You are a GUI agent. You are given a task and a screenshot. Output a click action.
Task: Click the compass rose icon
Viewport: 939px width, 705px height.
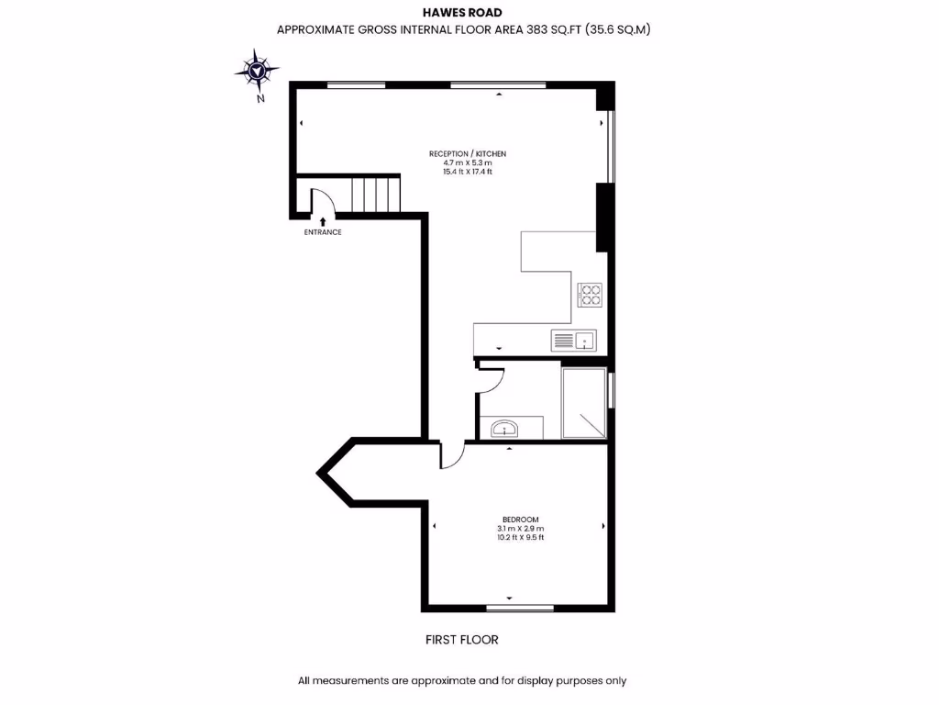(x=256, y=69)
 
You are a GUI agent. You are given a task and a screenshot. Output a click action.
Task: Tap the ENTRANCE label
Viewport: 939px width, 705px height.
(x=323, y=232)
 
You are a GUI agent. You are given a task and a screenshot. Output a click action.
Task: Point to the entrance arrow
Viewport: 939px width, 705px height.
(x=323, y=220)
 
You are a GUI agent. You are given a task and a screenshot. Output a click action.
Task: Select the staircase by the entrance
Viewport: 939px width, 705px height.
(x=376, y=195)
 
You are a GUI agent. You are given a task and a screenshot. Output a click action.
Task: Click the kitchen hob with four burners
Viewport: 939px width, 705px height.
(x=589, y=295)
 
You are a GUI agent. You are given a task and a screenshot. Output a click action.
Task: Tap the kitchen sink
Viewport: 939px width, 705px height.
(x=573, y=341)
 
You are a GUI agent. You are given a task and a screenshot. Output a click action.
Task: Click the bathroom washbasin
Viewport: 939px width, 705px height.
(x=504, y=428)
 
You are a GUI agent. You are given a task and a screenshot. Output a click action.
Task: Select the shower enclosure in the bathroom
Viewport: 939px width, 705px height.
(x=584, y=403)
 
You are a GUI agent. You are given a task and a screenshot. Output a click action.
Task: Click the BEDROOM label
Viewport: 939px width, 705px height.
(x=520, y=520)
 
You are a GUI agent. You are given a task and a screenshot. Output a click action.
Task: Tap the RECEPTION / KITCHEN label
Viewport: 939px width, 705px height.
(x=468, y=153)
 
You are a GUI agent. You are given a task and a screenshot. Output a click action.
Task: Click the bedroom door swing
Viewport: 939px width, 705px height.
(x=452, y=455)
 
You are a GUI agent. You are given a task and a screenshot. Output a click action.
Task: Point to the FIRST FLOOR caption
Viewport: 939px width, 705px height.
(x=462, y=639)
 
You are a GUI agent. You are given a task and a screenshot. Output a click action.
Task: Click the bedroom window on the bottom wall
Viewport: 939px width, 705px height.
(x=520, y=608)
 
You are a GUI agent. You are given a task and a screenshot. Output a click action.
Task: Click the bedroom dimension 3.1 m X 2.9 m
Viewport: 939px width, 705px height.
(x=520, y=529)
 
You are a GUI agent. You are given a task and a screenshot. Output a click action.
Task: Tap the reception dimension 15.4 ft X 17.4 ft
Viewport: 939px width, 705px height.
(x=468, y=172)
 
